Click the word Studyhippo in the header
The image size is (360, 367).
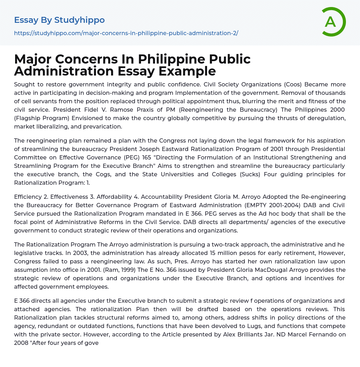(x=79, y=20)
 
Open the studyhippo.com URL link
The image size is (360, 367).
(x=126, y=33)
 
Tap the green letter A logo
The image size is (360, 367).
(x=330, y=22)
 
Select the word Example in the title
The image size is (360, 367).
(x=187, y=71)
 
